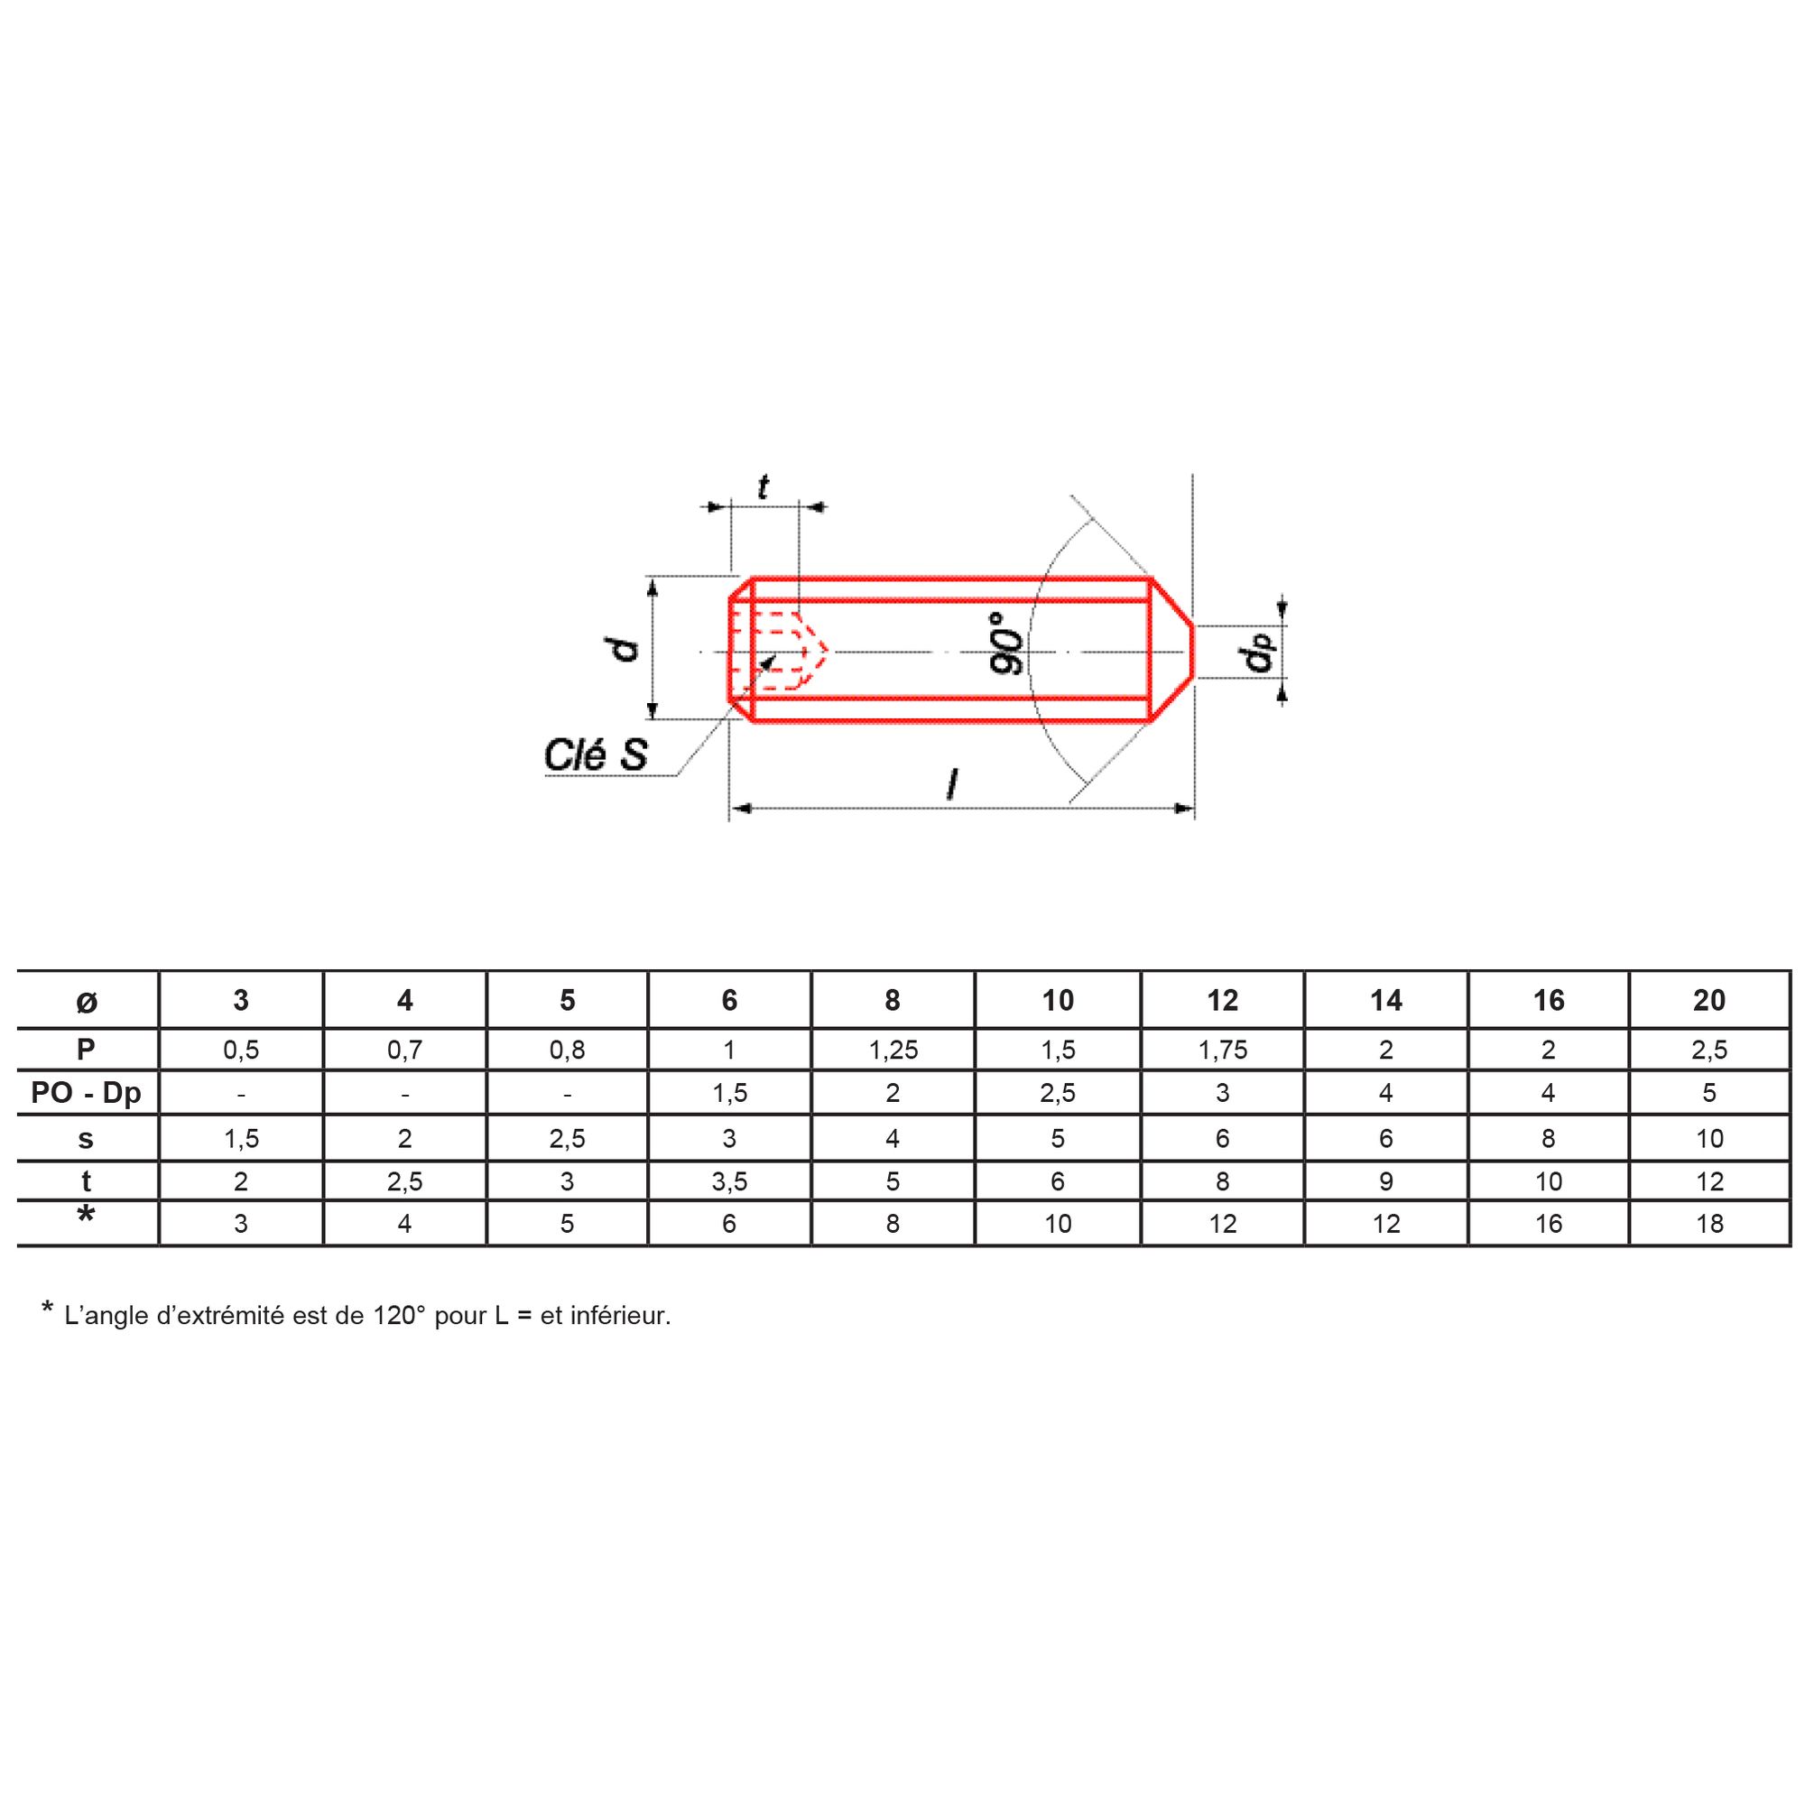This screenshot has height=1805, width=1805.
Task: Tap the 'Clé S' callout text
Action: pos(596,754)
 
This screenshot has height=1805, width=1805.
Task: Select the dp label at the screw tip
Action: pos(1258,653)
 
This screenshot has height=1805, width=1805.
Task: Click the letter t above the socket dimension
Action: pos(764,487)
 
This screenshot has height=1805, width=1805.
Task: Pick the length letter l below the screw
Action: pos(951,784)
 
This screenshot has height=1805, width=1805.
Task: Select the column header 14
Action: pos(1385,1001)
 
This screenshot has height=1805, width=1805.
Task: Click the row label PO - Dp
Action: pos(86,1092)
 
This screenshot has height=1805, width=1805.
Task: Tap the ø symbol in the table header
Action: pos(86,1003)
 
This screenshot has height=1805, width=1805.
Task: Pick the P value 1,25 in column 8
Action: pos(893,1051)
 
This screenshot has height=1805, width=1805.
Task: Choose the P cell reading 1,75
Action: pos(1222,1051)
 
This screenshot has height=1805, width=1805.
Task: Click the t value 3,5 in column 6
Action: pos(728,1182)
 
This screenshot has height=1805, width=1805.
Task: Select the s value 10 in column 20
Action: pos(1708,1138)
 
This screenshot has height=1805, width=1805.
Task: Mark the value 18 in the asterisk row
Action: pos(1708,1224)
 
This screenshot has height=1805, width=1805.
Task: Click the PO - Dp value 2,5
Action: pos(1058,1092)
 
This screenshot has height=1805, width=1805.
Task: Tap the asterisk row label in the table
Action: pos(86,1216)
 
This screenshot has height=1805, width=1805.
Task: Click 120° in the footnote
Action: pos(399,1316)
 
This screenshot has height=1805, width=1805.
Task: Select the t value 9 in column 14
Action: pos(1385,1182)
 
